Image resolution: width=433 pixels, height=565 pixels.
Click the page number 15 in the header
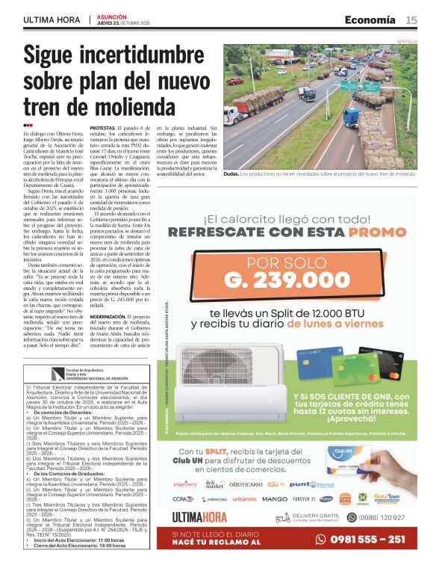click(x=411, y=20)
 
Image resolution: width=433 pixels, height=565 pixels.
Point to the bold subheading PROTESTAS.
click(x=105, y=129)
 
